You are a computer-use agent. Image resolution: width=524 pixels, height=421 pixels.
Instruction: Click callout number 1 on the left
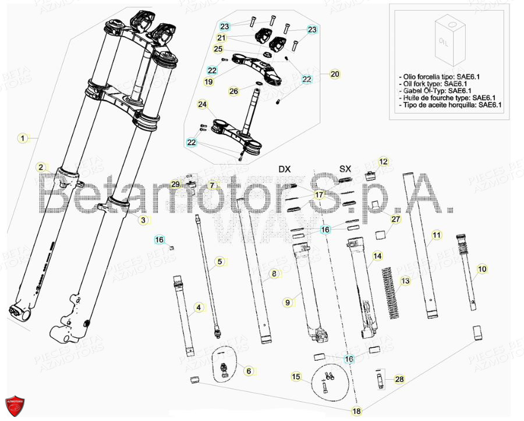coord(22,138)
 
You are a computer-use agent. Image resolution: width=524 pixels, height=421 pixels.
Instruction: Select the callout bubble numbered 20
coord(334,74)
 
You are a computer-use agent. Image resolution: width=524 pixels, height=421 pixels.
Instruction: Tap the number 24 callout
coord(202,105)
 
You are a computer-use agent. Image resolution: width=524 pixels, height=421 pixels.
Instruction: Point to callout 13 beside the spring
coord(406,281)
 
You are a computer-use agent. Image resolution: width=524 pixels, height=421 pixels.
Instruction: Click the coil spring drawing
coord(391,294)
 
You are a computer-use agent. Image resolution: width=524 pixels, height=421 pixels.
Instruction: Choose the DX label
coord(284,169)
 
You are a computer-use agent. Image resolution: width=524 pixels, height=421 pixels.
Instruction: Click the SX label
coord(345,169)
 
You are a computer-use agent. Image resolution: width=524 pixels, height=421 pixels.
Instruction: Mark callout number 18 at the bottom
coord(356,411)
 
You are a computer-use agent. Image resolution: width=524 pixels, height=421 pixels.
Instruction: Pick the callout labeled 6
coord(249,370)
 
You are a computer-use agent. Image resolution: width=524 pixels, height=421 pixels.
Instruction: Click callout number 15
coord(296,377)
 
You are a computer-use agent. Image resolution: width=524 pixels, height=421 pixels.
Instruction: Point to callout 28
coord(398,379)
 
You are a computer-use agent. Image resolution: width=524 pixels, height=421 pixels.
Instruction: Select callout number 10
coord(482,269)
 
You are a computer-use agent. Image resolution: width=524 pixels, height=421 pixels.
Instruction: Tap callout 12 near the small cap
coord(383,161)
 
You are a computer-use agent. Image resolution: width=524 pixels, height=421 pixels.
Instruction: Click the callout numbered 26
coord(233,91)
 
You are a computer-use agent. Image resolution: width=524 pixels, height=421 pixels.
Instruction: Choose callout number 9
coord(287,302)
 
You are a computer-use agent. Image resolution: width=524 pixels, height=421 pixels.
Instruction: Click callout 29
coord(175,184)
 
